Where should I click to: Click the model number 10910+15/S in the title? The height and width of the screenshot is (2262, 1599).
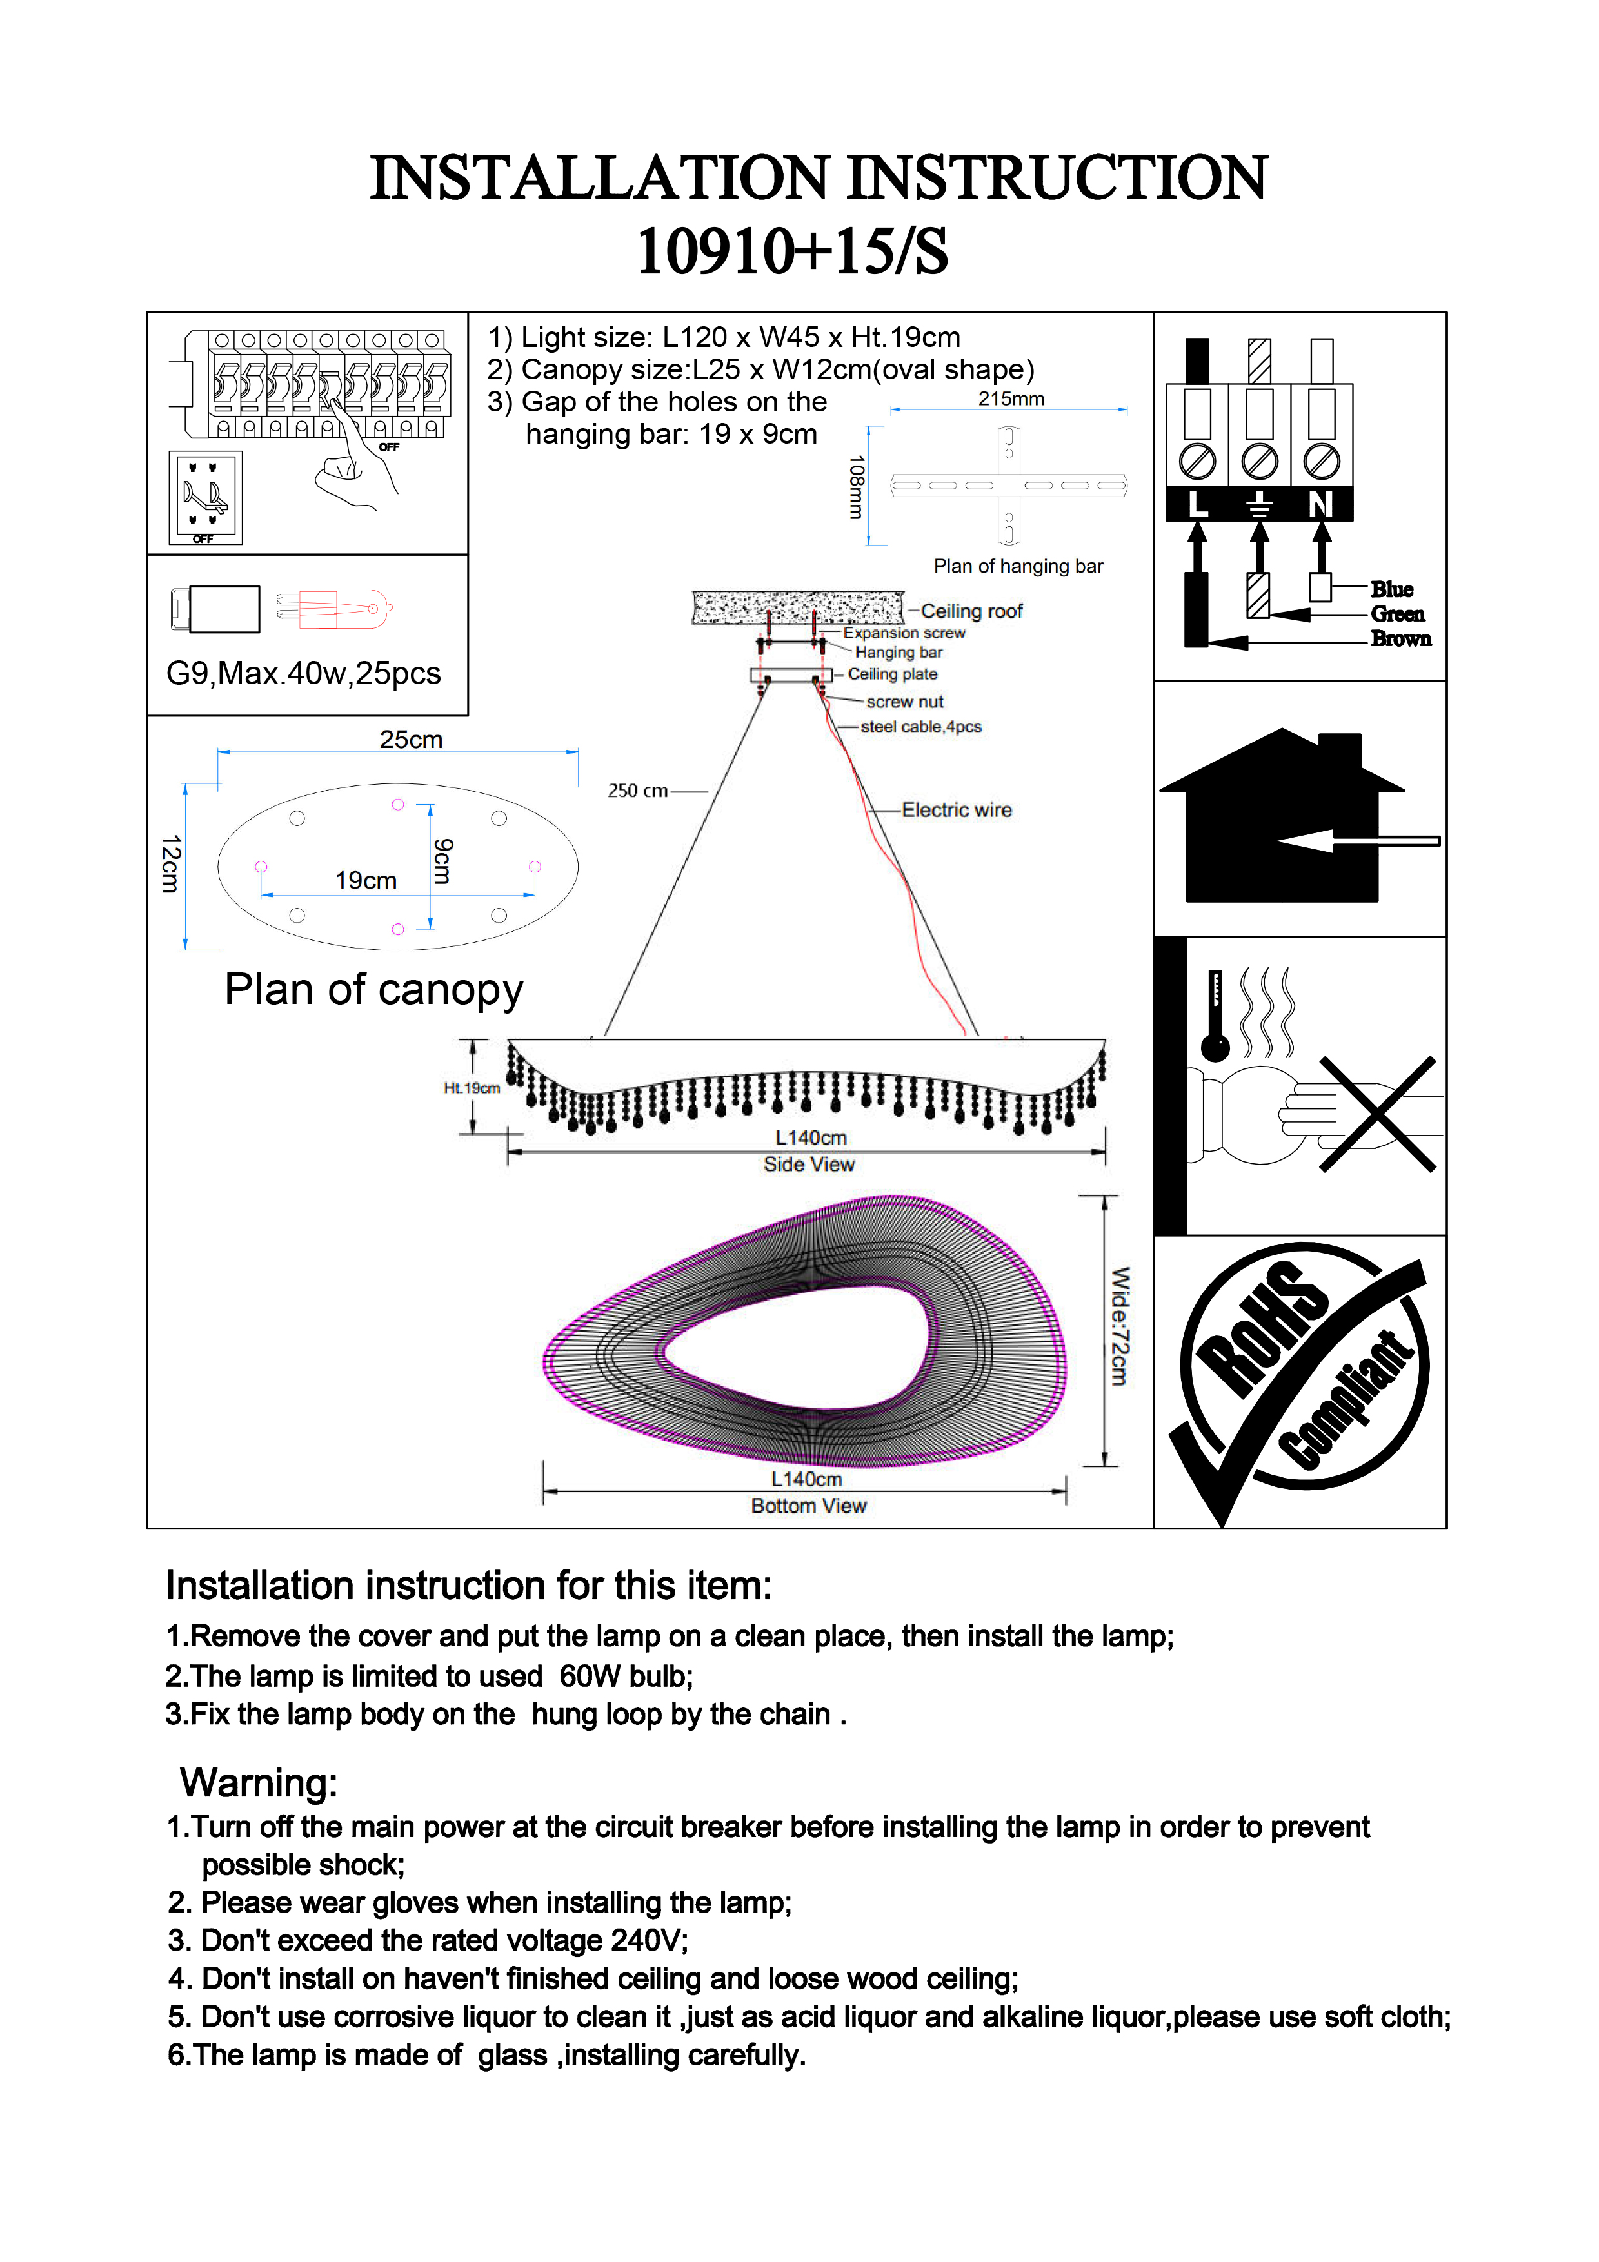(793, 251)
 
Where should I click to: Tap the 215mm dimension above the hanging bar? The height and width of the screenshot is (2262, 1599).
(1011, 399)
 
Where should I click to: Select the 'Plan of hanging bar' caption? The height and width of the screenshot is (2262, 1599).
(1018, 567)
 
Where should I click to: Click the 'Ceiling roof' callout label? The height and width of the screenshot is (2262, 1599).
(971, 612)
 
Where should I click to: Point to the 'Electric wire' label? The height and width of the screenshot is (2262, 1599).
(956, 810)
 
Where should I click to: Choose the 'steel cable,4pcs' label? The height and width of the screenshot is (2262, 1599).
(920, 727)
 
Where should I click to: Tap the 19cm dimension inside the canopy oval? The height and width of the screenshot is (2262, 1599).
(366, 881)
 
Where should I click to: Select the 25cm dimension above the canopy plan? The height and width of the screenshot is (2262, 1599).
(411, 740)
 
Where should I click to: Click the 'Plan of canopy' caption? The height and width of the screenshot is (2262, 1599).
(373, 990)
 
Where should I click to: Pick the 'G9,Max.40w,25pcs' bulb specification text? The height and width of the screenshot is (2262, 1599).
(303, 674)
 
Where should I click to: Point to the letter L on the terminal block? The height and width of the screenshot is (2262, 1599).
(1197, 504)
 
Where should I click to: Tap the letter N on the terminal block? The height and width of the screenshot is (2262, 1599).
(1320, 504)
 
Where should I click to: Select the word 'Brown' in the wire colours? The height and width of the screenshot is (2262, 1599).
(1400, 640)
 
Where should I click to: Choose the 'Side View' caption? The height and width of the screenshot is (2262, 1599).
(809, 1165)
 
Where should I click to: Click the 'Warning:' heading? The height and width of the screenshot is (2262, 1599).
(258, 1783)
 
